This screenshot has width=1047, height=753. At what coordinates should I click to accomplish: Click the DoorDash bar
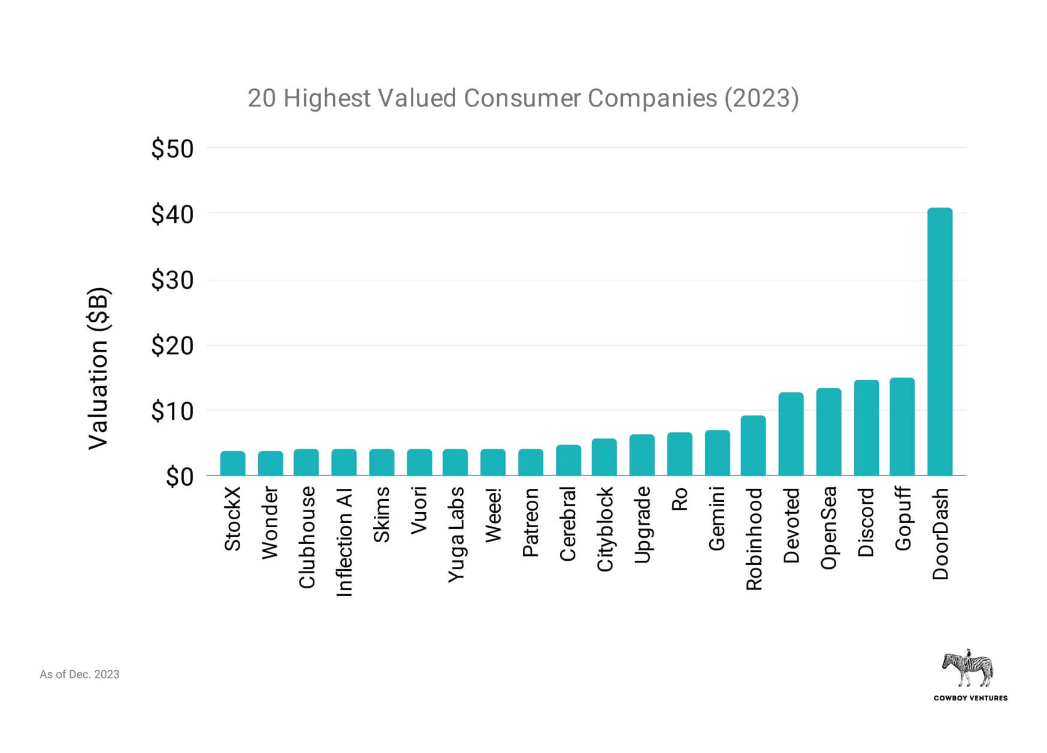click(x=939, y=341)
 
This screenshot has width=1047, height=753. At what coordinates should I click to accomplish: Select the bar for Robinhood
click(x=753, y=446)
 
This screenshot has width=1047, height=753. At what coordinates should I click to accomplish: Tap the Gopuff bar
click(x=901, y=427)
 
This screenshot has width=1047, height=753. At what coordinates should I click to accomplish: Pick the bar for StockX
click(x=232, y=463)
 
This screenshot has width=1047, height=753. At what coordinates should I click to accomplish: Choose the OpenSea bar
click(x=828, y=432)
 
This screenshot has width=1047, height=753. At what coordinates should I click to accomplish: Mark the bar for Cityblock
click(x=604, y=457)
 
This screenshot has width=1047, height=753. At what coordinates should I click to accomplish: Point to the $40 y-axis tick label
click(x=173, y=214)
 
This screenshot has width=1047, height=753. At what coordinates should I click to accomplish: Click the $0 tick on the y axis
click(x=180, y=477)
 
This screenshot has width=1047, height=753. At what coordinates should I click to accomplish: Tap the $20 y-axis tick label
click(x=173, y=346)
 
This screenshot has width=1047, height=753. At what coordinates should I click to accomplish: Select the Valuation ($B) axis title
click(x=99, y=368)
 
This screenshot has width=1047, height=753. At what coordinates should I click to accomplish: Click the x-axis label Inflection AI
click(x=344, y=542)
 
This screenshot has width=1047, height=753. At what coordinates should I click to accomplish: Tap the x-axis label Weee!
click(x=493, y=515)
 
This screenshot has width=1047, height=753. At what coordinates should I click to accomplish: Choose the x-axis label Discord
click(x=866, y=522)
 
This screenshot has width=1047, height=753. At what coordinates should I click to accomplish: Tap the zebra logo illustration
click(x=967, y=667)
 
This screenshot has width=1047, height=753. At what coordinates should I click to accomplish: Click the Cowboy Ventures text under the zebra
click(x=970, y=698)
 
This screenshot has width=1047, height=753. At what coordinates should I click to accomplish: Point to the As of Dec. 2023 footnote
click(x=80, y=675)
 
